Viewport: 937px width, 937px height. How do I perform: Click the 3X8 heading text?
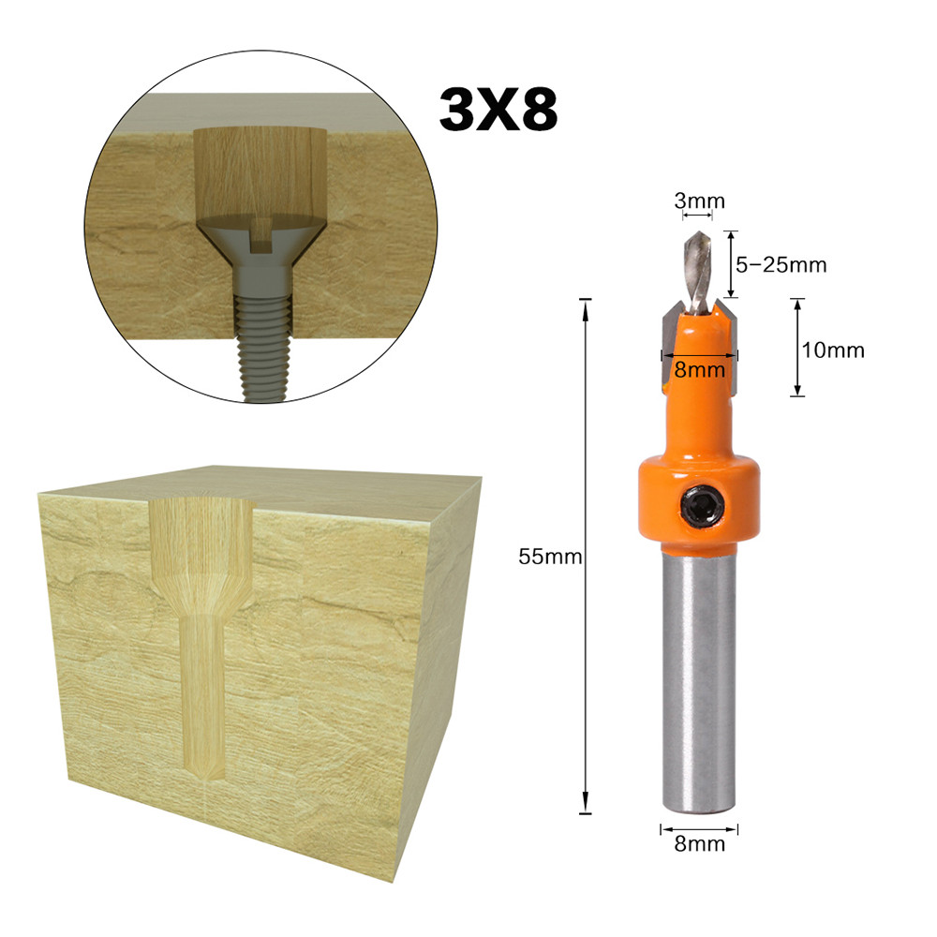498,110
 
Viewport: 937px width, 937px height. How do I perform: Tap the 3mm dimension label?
699,201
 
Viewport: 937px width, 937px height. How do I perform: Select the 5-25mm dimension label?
781,265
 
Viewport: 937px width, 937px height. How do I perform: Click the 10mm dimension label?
833,350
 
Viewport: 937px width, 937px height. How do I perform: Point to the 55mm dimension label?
550,557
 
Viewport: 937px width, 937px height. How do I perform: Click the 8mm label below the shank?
699,844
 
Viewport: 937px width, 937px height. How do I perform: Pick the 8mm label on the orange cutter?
699,370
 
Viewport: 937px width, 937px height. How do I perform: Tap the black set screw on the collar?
702,507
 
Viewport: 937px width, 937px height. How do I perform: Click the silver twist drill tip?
699,272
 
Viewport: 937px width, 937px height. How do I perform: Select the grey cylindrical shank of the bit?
699,681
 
